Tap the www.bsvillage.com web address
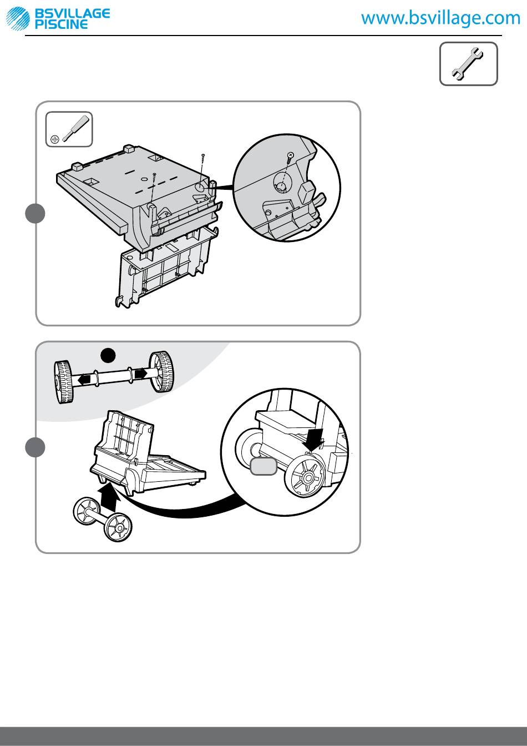(441, 18)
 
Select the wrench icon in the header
(469, 64)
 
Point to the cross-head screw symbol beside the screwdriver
(54, 138)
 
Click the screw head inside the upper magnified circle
(290, 155)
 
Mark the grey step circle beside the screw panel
(35, 214)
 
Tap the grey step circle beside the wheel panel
(35, 447)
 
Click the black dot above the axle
(108, 355)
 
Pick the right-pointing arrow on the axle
(140, 374)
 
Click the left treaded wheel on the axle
(64, 381)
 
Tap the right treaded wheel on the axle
(160, 371)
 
